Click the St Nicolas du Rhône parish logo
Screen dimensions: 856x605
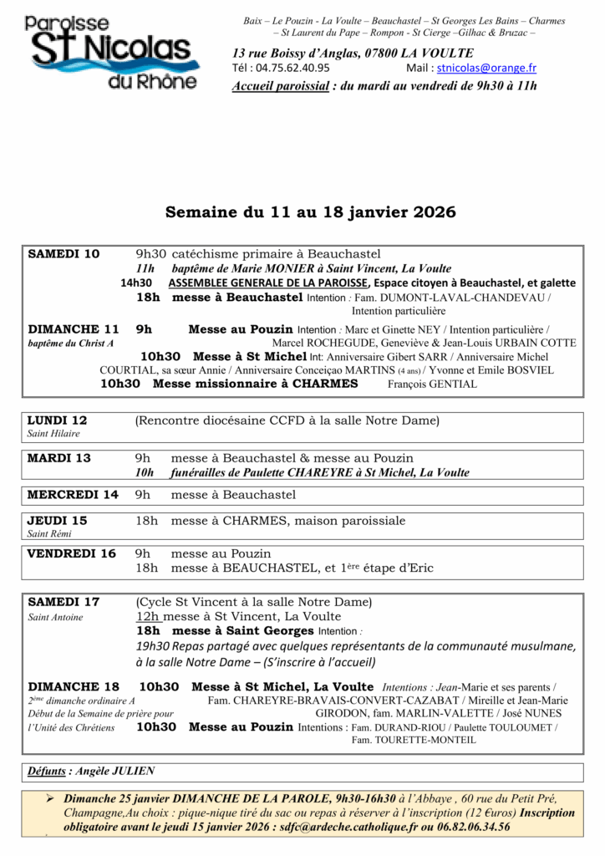(111, 52)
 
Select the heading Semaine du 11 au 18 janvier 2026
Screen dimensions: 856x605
(310, 212)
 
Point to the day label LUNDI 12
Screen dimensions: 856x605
(57, 420)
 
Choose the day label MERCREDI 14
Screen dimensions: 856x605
(73, 494)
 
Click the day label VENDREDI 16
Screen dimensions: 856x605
(72, 553)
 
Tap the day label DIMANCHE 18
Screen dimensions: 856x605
(74, 686)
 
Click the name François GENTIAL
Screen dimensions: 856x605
(433, 384)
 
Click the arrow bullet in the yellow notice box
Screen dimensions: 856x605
(49, 798)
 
